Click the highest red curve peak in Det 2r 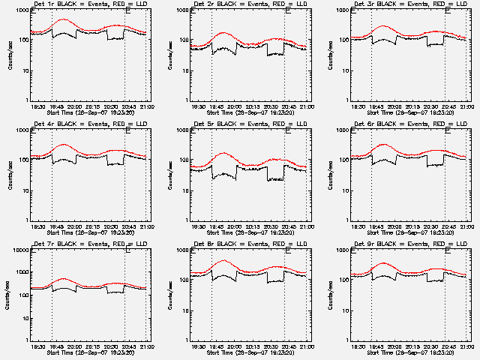point(224,33)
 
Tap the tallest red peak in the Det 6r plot point(385,144)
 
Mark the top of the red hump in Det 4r point(63,144)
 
